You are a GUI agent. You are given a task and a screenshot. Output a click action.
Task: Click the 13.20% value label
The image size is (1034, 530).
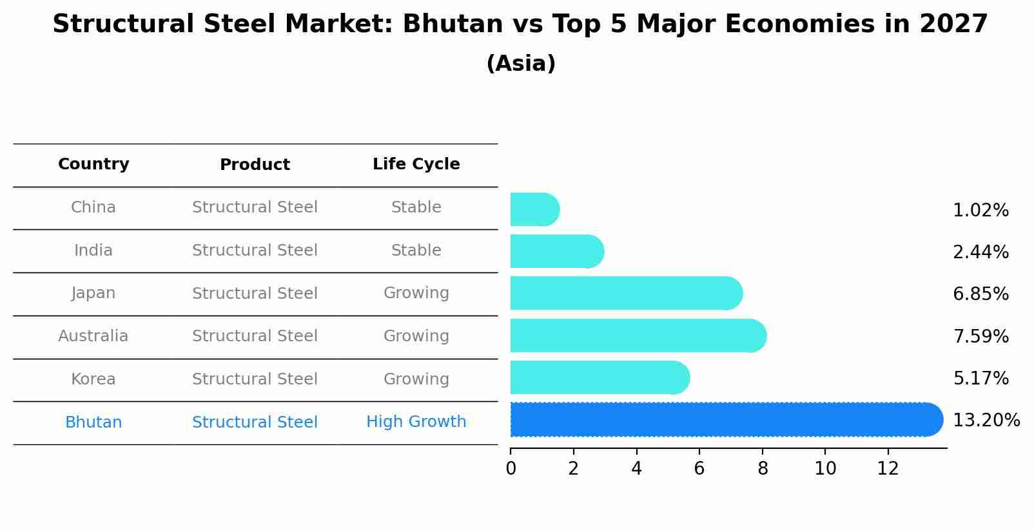[986, 421]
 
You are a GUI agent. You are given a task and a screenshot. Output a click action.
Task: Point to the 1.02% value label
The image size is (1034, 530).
[980, 211]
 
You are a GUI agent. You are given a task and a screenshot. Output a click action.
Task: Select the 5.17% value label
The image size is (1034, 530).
[980, 378]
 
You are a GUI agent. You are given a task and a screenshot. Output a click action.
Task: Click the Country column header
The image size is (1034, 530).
[93, 164]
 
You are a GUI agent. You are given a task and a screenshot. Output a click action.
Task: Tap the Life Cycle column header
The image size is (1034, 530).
[416, 164]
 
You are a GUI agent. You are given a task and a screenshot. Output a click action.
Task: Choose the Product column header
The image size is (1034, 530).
[255, 165]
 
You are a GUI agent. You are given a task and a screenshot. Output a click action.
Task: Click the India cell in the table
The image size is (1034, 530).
[93, 251]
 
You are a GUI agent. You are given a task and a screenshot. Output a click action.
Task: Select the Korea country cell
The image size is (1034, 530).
[93, 379]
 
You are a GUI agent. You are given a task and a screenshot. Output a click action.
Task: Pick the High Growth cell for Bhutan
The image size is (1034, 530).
[416, 422]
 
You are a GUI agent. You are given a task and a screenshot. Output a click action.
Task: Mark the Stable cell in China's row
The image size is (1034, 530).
[416, 207]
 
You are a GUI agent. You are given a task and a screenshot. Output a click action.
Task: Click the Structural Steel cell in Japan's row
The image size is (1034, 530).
[255, 294]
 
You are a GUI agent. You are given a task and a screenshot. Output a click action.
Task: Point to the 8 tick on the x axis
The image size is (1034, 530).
[763, 469]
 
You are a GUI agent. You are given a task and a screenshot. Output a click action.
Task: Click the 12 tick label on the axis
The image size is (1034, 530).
[888, 469]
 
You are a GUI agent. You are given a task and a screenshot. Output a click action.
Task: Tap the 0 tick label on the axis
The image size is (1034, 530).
[511, 469]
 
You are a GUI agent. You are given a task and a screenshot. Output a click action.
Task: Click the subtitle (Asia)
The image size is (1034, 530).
[520, 64]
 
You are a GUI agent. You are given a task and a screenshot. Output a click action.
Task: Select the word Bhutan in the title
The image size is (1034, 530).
[453, 24]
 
